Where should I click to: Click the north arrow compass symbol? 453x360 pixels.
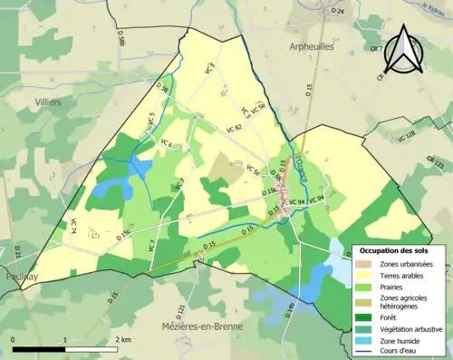[402, 51]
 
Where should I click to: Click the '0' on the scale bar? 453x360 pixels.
[14, 339]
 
